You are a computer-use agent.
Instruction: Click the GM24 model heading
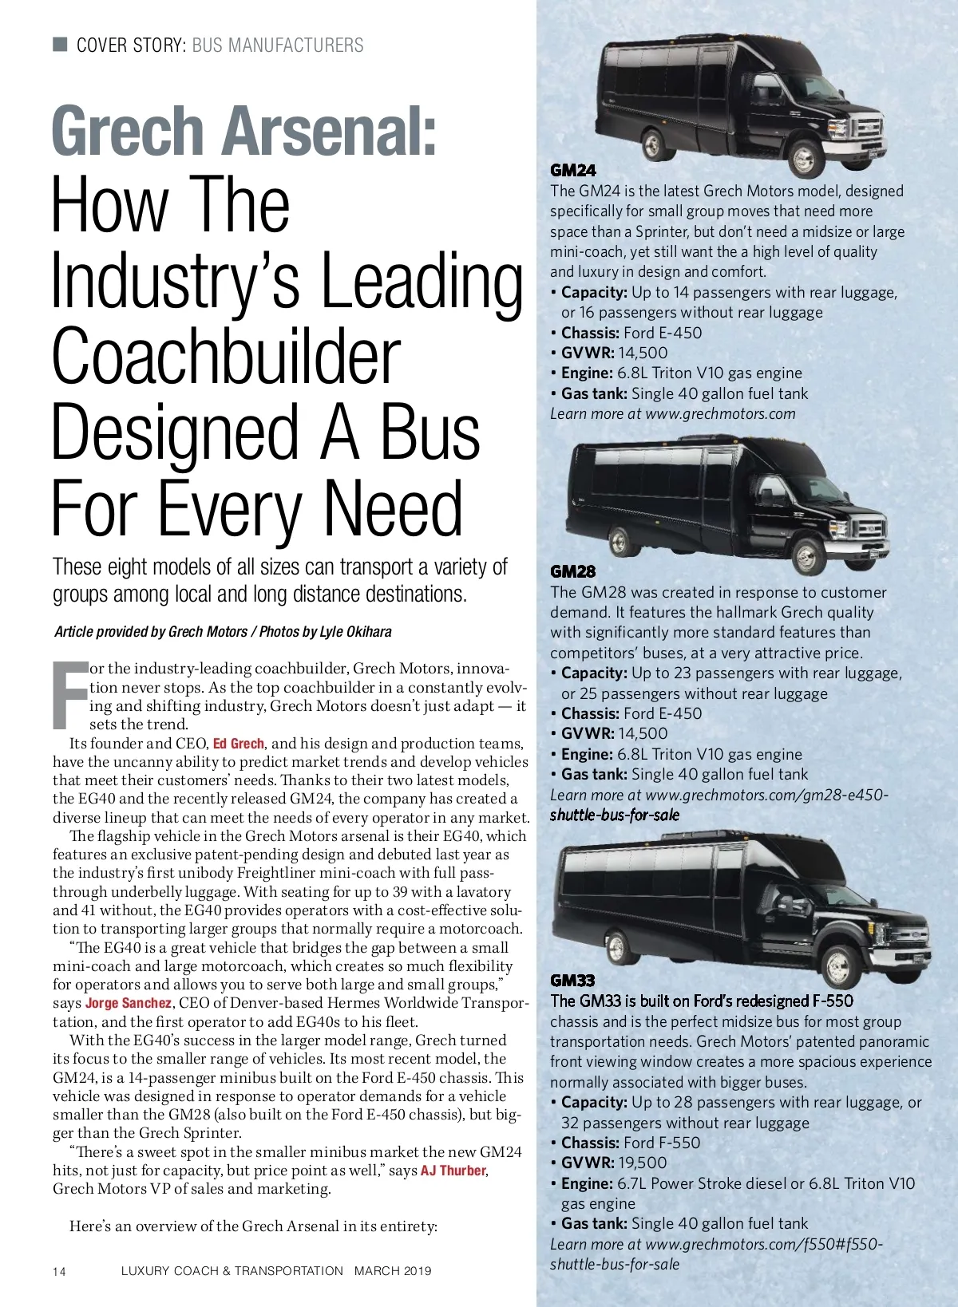(572, 170)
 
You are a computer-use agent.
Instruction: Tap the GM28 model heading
(572, 571)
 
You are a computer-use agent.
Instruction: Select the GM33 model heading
(572, 980)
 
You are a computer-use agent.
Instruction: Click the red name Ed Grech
(238, 744)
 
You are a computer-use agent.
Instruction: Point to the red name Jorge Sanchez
(128, 1003)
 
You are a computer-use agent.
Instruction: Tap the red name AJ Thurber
(453, 1171)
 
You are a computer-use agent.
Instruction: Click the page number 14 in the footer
(60, 1271)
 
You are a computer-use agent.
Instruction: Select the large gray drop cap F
(69, 694)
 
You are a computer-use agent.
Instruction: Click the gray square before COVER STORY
(60, 44)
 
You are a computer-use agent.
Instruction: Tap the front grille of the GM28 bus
(866, 527)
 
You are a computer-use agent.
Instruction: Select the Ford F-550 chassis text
(661, 1143)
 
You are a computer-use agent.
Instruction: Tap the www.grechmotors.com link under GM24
(720, 413)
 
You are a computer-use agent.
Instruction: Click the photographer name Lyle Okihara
(355, 632)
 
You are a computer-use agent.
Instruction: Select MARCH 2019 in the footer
(392, 1270)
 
